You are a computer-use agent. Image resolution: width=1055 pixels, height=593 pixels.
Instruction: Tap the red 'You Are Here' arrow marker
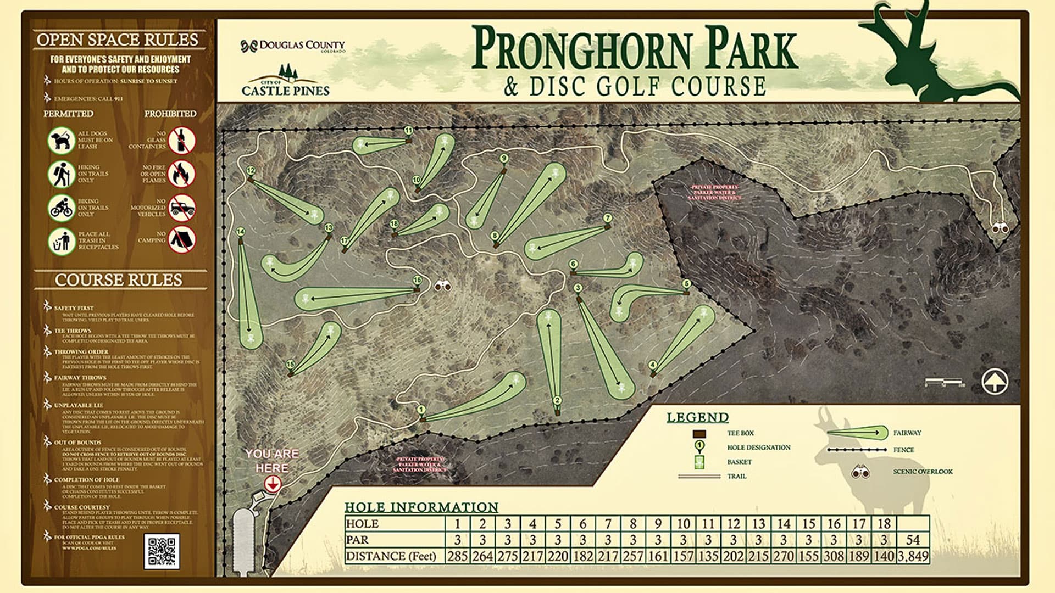pos(273,484)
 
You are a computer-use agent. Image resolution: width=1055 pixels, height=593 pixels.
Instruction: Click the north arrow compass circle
pos(995,381)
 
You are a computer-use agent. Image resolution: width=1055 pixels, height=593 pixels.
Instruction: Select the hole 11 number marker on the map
pos(408,131)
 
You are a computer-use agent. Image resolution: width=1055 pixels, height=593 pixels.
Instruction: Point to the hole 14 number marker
pos(240,232)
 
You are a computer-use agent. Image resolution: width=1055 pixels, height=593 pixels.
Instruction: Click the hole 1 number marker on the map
pos(421,409)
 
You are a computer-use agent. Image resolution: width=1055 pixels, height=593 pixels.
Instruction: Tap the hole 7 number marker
pos(607,218)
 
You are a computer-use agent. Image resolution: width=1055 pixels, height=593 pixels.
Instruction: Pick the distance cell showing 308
pos(833,556)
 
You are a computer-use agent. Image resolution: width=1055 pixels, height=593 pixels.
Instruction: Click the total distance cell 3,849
pos(913,556)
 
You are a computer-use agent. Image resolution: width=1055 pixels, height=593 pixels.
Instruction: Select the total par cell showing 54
pos(913,540)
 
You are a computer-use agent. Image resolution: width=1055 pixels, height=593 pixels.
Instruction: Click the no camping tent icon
pos(182,239)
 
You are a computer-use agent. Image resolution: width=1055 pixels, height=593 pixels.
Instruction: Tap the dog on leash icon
pos(61,140)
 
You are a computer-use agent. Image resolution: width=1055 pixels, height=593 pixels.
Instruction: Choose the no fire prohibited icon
pos(182,174)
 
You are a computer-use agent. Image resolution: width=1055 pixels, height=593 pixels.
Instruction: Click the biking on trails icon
pos(61,208)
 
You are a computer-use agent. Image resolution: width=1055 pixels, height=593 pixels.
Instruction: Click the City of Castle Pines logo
pos(285,82)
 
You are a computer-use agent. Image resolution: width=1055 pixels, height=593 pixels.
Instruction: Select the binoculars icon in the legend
pos(860,472)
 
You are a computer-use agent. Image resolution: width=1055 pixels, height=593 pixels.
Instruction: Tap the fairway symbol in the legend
pos(858,433)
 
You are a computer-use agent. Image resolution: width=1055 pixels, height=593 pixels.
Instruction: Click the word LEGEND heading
pos(697,417)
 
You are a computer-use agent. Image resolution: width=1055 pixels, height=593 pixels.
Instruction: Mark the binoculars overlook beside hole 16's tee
pos(442,286)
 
